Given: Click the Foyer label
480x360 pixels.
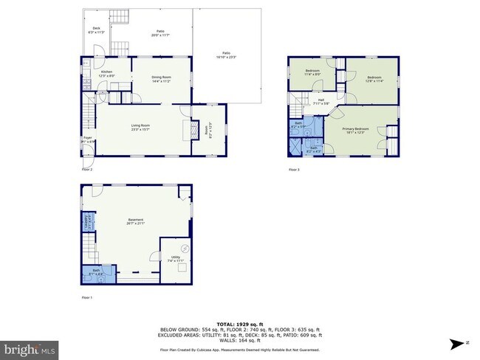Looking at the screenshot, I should [87, 138].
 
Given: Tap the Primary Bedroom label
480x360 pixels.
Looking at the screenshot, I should [356, 129].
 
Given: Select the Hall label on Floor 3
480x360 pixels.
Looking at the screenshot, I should [321, 101].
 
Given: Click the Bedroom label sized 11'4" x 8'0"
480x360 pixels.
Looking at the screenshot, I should [312, 72].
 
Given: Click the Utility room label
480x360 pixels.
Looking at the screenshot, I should [175, 258].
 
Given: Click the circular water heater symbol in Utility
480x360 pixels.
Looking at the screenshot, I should [185, 248].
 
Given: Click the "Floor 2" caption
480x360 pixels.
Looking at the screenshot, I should [87, 170].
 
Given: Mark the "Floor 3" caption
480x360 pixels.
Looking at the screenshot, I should [293, 170].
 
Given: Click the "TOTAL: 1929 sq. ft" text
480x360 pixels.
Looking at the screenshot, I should [239, 325].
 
